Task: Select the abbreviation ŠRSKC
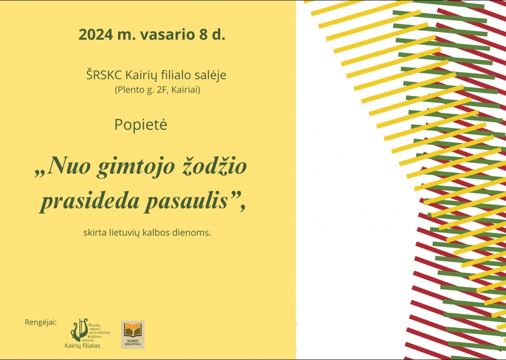(104, 75)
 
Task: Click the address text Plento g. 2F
(142, 90)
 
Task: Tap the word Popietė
(141, 125)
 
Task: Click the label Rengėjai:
(41, 322)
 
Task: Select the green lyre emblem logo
(79, 329)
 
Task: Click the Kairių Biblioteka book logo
(133, 334)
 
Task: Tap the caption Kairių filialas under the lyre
(82, 346)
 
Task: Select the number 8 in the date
(203, 34)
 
